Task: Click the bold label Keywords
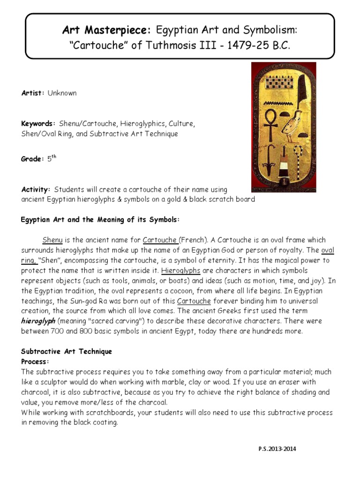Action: (38, 124)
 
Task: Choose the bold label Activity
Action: (36, 189)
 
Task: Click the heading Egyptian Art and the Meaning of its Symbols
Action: (101, 220)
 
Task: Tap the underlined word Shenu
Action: (52, 240)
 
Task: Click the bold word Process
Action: (35, 362)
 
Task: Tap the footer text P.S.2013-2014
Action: (277, 449)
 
